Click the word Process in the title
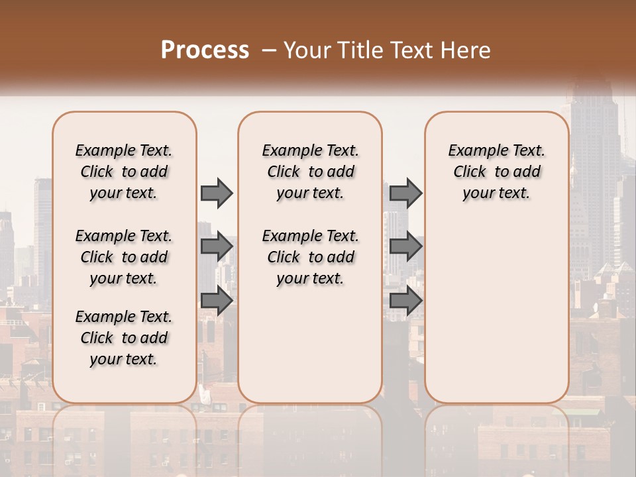(205, 50)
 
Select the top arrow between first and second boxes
(217, 193)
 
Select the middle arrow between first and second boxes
(217, 247)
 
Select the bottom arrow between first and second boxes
(217, 301)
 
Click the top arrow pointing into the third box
(405, 193)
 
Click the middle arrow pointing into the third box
(405, 247)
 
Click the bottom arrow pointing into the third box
(405, 301)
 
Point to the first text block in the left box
(124, 172)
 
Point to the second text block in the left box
(124, 257)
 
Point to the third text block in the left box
(124, 338)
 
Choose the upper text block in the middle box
(310, 172)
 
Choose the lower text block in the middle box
(310, 257)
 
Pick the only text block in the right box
(497, 172)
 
